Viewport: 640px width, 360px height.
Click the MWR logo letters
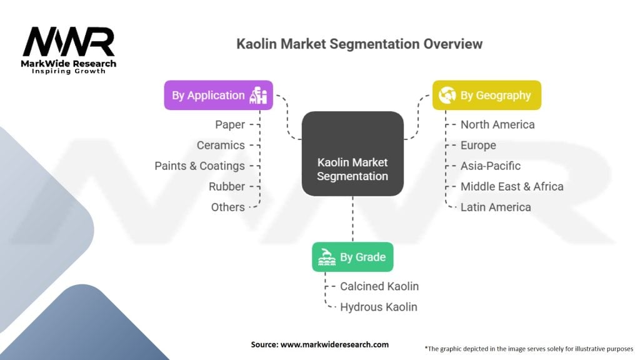tap(69, 42)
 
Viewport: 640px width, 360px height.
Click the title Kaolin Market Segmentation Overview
tap(359, 44)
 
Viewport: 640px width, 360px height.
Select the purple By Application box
tap(218, 95)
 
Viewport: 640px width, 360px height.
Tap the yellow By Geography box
tap(486, 95)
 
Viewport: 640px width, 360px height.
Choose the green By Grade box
tap(352, 256)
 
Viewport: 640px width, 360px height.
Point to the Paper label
tap(230, 124)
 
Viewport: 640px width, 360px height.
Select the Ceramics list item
tap(221, 145)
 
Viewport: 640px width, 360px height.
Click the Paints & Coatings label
tap(200, 166)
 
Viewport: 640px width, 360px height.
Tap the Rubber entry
tap(227, 186)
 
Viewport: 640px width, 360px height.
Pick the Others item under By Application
tap(228, 207)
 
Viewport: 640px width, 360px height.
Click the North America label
tap(497, 124)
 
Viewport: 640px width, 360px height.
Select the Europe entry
tap(478, 145)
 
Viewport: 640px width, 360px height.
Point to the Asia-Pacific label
tap(491, 166)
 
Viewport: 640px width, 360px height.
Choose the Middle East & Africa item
tap(512, 186)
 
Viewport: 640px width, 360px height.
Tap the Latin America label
tap(496, 207)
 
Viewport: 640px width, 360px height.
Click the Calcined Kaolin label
tap(379, 286)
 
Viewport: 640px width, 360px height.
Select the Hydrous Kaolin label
tap(379, 307)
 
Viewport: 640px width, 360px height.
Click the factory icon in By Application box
tap(258, 95)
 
